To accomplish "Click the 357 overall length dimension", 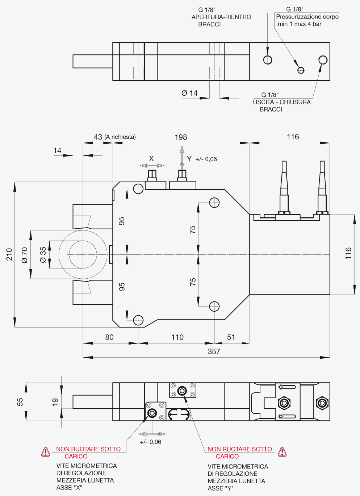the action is point(214,351).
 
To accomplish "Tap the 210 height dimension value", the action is point(9,254).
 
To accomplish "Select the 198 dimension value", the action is point(181,137).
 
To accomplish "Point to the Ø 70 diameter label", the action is point(25,255).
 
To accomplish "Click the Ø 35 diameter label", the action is point(43,255).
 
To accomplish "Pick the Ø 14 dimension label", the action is point(189,93).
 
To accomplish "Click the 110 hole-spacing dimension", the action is point(177,337).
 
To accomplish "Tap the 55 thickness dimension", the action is point(20,402).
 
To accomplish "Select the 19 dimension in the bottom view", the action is point(55,402).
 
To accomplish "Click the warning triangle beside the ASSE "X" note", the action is point(46,452).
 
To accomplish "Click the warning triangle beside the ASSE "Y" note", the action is point(282,452).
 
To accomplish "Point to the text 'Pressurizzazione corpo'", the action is point(307,17).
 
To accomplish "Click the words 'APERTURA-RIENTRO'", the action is point(221,17).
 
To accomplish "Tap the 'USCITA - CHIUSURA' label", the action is point(282,102).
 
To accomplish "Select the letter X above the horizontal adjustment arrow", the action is point(151,159).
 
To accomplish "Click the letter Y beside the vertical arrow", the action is point(189,159).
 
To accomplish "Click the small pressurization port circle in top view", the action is point(301,70).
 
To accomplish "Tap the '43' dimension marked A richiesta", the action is point(98,137).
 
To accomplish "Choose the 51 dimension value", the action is point(231,337).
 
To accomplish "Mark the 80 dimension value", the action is point(109,337).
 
